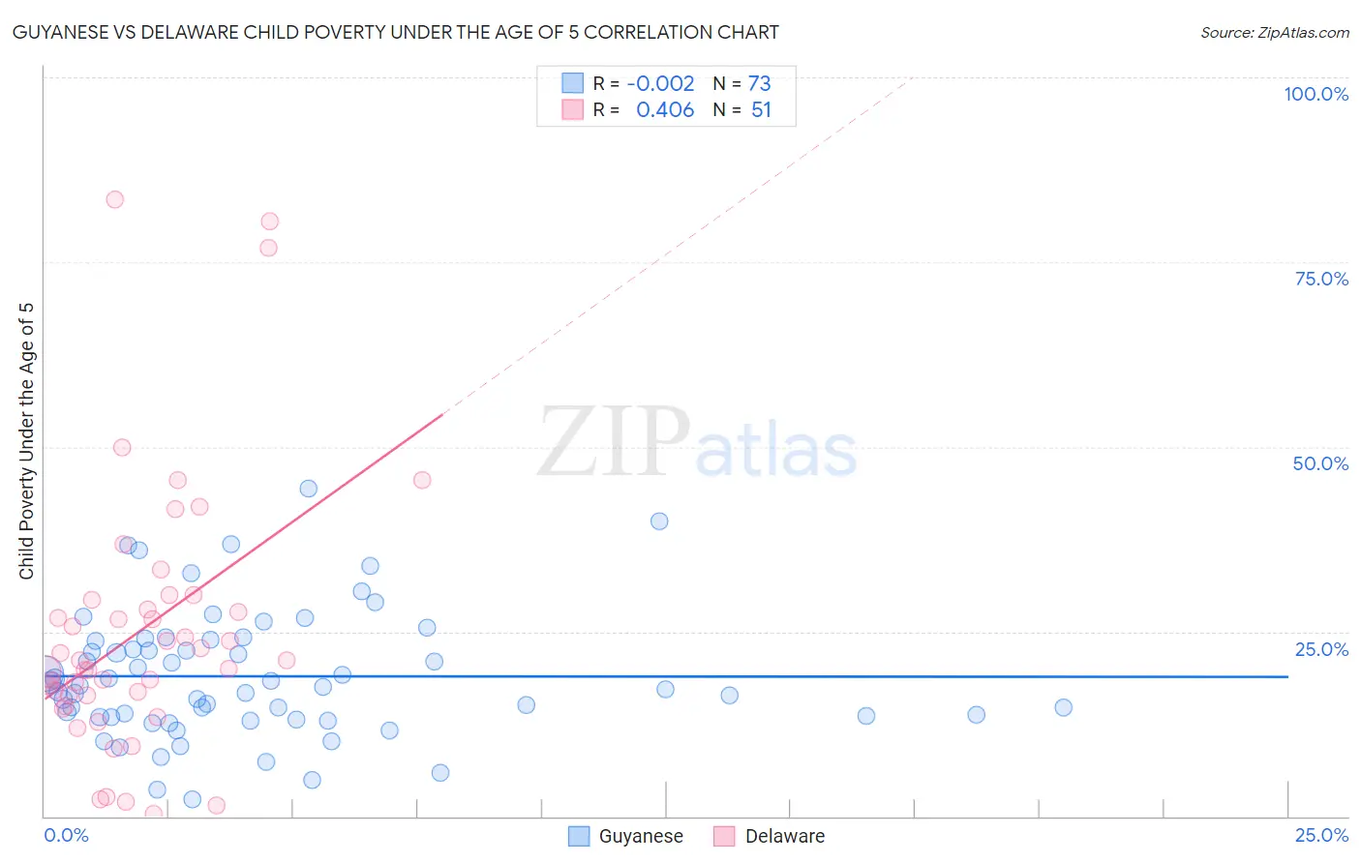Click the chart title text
[395, 32]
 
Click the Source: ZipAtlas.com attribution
[1274, 32]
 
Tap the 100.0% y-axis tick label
[1316, 94]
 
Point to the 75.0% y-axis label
[1321, 279]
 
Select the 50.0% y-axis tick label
[1320, 463]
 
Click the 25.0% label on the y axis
[1321, 649]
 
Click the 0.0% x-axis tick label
[66, 835]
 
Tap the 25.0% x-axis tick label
[1321, 835]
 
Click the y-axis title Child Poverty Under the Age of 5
[26, 441]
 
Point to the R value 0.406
[665, 110]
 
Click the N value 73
[759, 83]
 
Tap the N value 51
[761, 110]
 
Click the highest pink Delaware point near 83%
[114, 199]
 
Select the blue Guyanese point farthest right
[1063, 707]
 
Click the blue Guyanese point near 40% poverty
[659, 521]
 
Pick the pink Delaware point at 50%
[122, 447]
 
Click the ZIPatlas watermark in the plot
[697, 443]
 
